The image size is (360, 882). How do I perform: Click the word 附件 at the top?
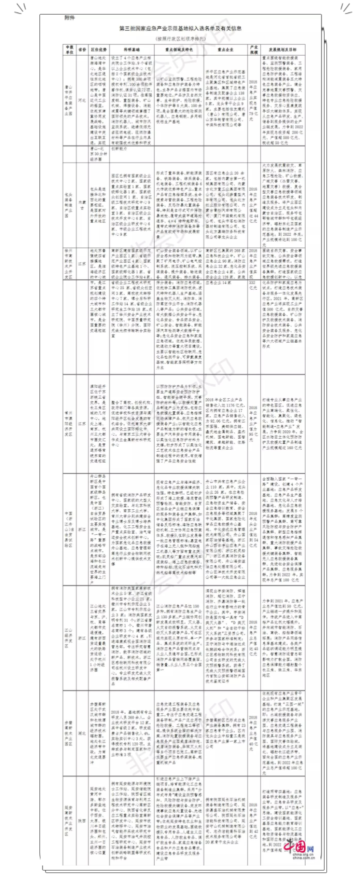pyautogui.click(x=69, y=18)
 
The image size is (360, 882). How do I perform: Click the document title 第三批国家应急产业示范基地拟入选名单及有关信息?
pyautogui.click(x=180, y=29)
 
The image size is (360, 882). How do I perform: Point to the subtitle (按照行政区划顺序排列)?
pyautogui.click(x=180, y=38)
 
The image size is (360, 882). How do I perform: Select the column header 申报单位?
pyautogui.click(x=69, y=50)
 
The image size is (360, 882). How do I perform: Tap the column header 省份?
pyautogui.click(x=83, y=50)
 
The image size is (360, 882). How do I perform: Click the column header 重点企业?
pyautogui.click(x=225, y=50)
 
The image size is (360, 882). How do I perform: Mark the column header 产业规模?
pyautogui.click(x=254, y=50)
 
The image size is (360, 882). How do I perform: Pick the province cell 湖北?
pyautogui.click(x=83, y=731)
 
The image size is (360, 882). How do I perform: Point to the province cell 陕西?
pyautogui.click(x=83, y=821)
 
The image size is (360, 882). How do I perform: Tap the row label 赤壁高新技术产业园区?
pyautogui.click(x=69, y=731)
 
